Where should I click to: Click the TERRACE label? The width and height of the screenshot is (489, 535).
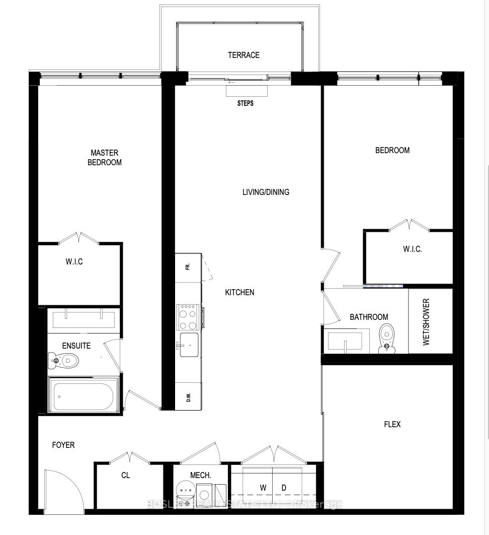pos(243,55)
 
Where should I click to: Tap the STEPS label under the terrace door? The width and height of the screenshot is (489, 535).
pos(245,103)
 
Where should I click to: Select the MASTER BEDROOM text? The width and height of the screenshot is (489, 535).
pos(104,157)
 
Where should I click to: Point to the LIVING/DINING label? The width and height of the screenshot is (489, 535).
pos(266,192)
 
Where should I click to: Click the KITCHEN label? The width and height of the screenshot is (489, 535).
pos(239,292)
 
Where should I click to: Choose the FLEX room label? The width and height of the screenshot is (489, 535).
pos(392,424)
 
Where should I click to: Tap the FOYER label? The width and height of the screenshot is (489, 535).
pos(63,445)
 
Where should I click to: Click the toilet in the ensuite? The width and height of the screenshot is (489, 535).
pos(64,360)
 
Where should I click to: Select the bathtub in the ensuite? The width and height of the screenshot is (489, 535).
pos(84,395)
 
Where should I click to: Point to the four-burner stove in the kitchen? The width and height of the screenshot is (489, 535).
pos(188,316)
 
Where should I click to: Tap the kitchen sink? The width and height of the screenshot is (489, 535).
pos(188,345)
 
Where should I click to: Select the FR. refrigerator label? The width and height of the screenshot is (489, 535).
pos(187,267)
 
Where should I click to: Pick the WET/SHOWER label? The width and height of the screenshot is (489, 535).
pos(426,321)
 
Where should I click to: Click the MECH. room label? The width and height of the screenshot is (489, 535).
pos(200,475)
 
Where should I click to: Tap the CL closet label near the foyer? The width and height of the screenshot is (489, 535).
pos(125,475)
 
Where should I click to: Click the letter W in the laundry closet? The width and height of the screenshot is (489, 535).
pos(263,488)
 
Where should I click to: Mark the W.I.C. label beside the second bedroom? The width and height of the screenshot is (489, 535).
pos(413,249)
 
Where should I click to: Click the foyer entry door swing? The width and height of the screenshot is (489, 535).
pos(63,489)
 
